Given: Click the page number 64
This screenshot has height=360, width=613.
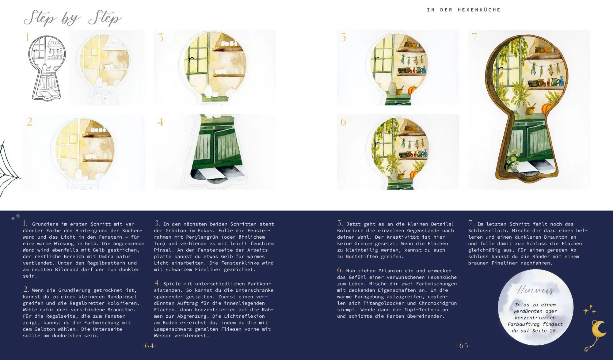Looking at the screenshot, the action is [149, 346].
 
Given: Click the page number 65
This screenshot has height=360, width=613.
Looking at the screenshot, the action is [463, 346].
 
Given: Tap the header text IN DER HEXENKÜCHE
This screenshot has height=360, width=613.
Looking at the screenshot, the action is [463, 10].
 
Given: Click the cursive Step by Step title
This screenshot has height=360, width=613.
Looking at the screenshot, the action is [73, 18].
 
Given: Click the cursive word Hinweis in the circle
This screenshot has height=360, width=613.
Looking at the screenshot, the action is [535, 290].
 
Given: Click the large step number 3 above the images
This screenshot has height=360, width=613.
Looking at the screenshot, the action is [160, 37].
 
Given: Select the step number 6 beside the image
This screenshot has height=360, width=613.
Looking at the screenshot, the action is [343, 122].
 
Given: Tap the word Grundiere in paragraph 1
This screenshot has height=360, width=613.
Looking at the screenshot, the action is [45, 224].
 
